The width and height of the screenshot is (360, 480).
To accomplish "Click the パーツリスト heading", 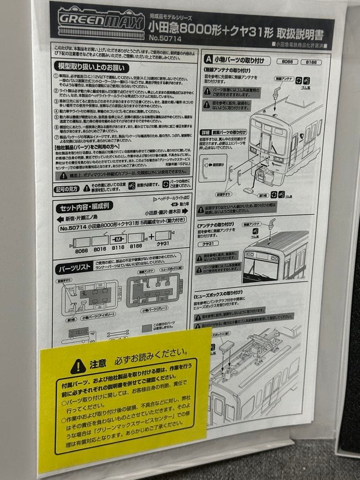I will (72, 268).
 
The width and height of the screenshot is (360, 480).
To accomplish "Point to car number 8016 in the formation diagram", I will (100, 251).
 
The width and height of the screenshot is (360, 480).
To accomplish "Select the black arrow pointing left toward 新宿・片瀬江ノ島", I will (59, 220).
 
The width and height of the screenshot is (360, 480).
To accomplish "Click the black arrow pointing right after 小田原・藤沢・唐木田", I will (191, 212).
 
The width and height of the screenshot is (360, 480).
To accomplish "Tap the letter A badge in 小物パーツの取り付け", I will (208, 59).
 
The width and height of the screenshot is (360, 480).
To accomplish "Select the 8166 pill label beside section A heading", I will (311, 63).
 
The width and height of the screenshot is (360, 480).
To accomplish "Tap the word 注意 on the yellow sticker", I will (98, 364).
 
